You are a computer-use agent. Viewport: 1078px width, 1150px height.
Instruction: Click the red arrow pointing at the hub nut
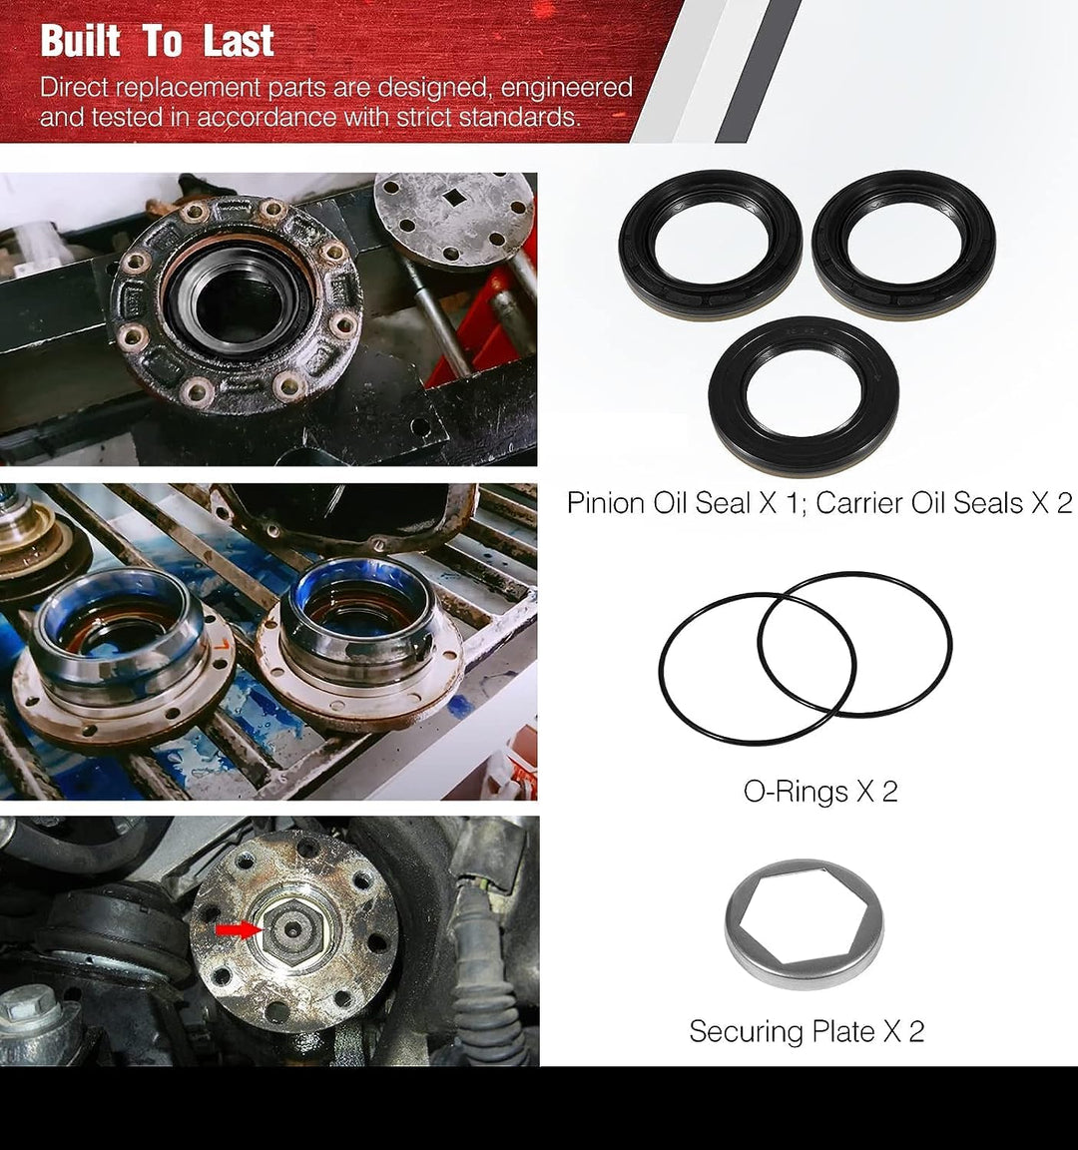coord(236,930)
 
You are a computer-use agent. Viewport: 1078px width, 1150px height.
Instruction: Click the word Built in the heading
coord(81,42)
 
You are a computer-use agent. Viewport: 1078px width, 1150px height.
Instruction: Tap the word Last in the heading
coord(239,42)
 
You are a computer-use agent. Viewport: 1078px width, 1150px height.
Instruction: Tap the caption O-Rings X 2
coord(820,792)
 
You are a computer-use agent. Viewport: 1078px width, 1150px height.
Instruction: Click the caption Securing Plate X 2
coord(807,1031)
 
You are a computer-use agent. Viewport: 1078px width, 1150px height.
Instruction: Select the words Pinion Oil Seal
coord(659,503)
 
